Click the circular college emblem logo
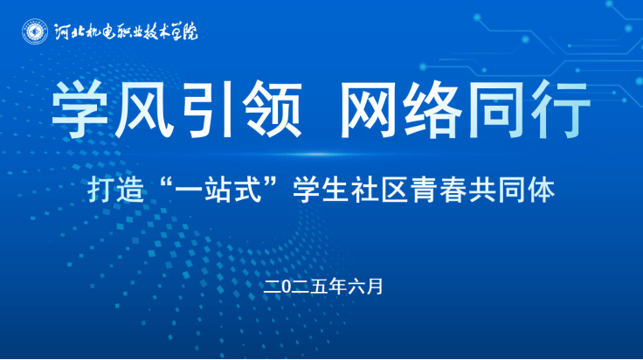tap(35, 31)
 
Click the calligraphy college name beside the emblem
tap(126, 32)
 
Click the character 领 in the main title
tap(272, 109)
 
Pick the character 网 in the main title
tap(368, 109)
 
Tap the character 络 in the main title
tap(432, 109)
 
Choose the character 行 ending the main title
tap(561, 109)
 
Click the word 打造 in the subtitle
tap(116, 190)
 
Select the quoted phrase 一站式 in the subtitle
tap(218, 190)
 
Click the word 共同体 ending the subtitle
tap(512, 190)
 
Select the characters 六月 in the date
tap(366, 287)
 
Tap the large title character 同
tap(496, 109)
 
